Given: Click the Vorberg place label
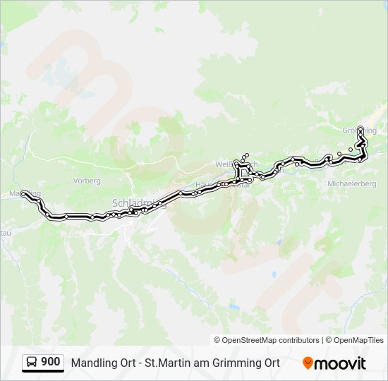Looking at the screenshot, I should pyautogui.click(x=87, y=181).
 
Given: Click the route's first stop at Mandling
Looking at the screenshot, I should pyautogui.click(x=24, y=193).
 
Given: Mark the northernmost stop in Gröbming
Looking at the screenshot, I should pyautogui.click(x=360, y=128).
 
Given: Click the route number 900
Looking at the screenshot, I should pyautogui.click(x=50, y=362).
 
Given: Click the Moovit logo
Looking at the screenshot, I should pyautogui.click(x=334, y=363).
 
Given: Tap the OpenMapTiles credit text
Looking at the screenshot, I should pyautogui.click(x=359, y=340).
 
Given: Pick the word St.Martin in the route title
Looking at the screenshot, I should pyautogui.click(x=165, y=363).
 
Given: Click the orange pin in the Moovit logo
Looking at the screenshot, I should pyautogui.click(x=308, y=363).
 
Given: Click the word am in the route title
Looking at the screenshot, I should pyautogui.click(x=198, y=363).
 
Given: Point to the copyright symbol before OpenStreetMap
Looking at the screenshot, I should pyautogui.click(x=218, y=340).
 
